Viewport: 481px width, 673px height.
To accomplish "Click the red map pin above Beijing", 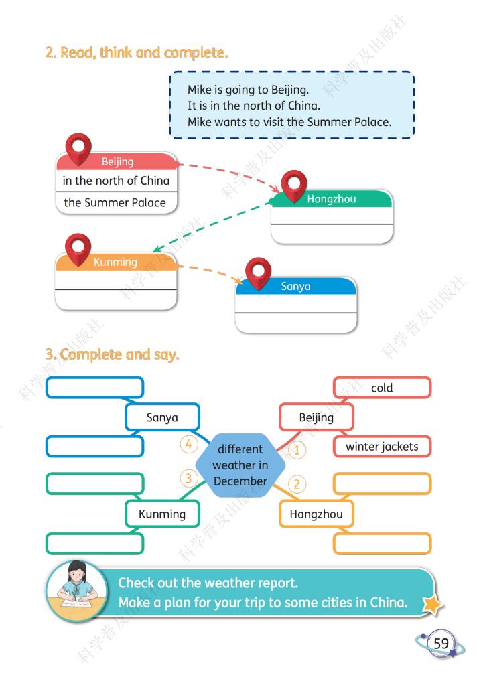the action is (x=78, y=149).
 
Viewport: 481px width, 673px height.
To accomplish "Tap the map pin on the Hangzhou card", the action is (x=294, y=186).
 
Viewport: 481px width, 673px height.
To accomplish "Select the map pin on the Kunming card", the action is (x=78, y=249).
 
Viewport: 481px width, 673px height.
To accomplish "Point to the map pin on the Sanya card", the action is (x=258, y=273).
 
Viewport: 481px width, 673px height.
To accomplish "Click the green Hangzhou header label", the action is (x=331, y=199).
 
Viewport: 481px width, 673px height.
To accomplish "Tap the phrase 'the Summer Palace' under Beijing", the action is (x=115, y=202).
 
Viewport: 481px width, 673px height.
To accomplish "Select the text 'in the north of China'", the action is (x=116, y=181).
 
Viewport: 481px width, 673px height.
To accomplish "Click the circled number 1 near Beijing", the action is (x=296, y=450).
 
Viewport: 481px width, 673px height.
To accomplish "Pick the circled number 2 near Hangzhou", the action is (x=296, y=483).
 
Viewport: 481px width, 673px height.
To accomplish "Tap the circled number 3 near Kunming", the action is (x=188, y=477).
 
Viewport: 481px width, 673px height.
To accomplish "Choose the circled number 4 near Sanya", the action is (x=188, y=444).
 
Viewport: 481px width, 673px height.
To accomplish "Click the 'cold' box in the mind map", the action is (x=382, y=388).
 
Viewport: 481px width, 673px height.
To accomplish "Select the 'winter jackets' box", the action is (x=382, y=447).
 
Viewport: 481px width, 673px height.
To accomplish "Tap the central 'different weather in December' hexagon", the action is (x=240, y=465).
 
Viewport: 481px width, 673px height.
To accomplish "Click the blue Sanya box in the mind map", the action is (x=162, y=417).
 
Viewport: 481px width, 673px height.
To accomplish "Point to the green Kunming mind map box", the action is (x=162, y=514).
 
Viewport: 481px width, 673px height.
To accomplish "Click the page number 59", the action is (x=441, y=643).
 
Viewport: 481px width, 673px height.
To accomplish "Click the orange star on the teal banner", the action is (x=432, y=604).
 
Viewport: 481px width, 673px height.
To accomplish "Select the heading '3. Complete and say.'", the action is (x=112, y=354).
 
